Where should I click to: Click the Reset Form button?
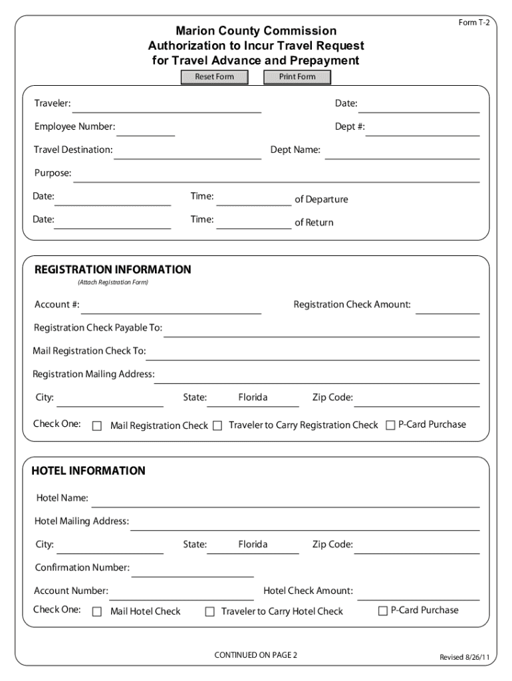(x=214, y=77)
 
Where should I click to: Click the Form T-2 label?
(x=474, y=23)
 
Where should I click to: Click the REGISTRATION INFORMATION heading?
(x=112, y=270)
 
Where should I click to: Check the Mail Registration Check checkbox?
(x=97, y=426)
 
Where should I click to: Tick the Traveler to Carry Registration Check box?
(x=217, y=426)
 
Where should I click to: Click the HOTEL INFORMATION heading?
(x=88, y=471)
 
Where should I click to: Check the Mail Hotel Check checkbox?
(x=97, y=611)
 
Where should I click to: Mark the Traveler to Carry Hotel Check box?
(x=210, y=611)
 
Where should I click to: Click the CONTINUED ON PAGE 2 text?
(x=256, y=655)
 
